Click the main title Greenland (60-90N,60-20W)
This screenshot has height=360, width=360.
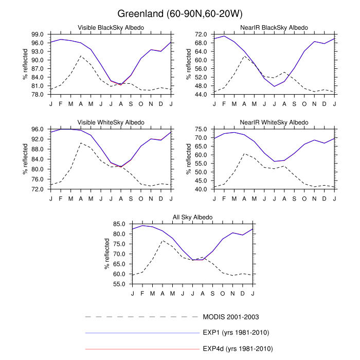click(180, 13)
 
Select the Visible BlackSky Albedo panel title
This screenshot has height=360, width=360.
click(111, 27)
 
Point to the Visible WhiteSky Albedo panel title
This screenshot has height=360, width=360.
click(111, 122)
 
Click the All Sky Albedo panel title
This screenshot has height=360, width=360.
click(193, 218)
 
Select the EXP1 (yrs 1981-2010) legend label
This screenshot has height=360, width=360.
click(236, 332)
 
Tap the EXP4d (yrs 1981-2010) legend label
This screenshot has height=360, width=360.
click(237, 349)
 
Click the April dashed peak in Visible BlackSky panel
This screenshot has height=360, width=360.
click(81, 56)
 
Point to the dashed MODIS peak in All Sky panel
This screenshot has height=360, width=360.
click(163, 241)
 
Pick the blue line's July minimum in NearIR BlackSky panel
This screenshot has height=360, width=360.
click(275, 86)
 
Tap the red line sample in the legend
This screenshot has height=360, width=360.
click(141, 349)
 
